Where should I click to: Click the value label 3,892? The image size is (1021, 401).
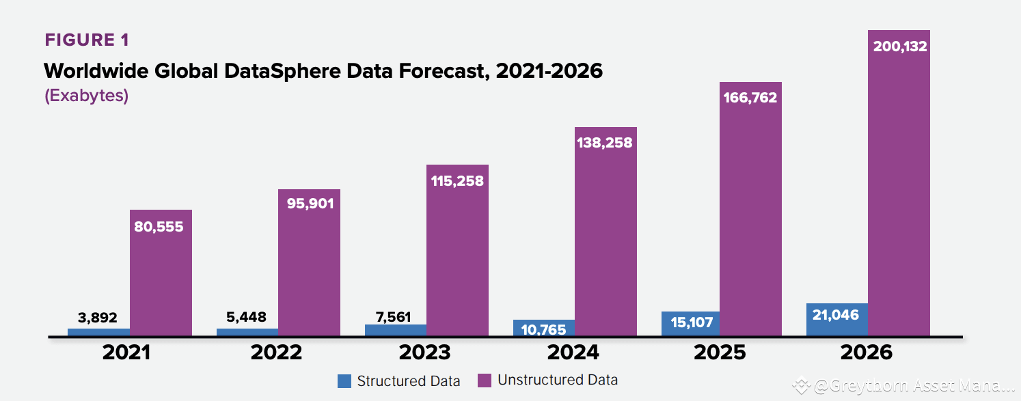tap(97, 318)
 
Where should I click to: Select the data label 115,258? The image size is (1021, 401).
tap(457, 181)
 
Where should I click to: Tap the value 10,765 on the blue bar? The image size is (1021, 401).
tap(543, 330)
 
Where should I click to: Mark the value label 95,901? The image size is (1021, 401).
tap(309, 204)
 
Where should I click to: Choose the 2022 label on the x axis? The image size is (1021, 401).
tap(276, 352)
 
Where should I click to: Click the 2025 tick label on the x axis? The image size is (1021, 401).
tap(720, 352)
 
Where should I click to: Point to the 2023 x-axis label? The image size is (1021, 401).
tap(424, 352)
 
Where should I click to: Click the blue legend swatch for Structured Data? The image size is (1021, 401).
tap(344, 381)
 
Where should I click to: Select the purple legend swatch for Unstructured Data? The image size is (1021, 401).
tap(484, 381)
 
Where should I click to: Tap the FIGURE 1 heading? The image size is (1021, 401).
tap(87, 40)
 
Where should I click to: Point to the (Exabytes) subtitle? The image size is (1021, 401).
tap(87, 95)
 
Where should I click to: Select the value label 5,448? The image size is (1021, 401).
tap(245, 318)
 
